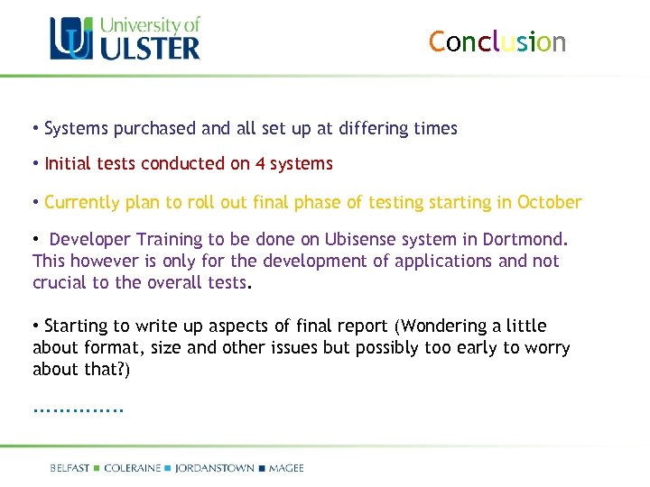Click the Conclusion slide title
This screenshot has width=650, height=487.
pos(497,42)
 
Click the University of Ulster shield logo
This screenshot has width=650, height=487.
pos(70,39)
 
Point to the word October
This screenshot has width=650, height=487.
pos(549,202)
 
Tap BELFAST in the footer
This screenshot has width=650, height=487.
pos(70,468)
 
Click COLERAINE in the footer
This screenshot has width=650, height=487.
pos(133,468)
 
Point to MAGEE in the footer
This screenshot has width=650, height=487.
pos(286,468)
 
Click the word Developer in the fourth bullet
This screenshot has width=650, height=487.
pos(90,239)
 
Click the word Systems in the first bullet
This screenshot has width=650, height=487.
pos(77,129)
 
